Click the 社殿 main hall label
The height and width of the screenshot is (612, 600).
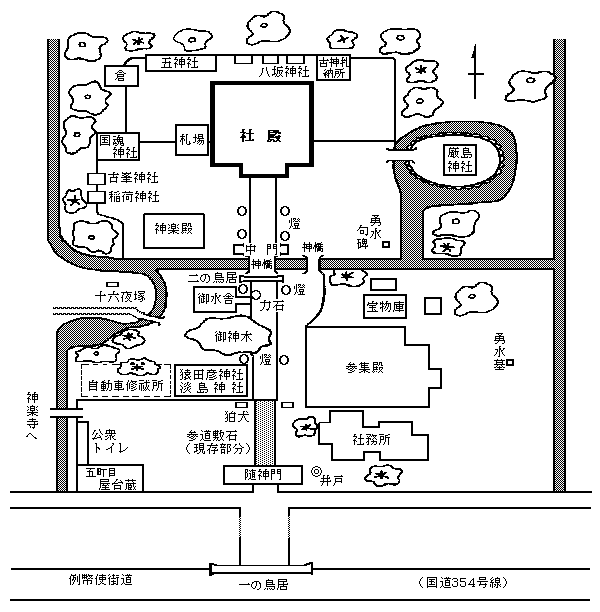(262, 133)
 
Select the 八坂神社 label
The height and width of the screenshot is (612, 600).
(285, 72)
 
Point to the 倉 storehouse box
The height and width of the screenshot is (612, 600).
(119, 75)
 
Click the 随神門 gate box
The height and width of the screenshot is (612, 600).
(263, 475)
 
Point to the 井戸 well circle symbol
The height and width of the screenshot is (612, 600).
(316, 472)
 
